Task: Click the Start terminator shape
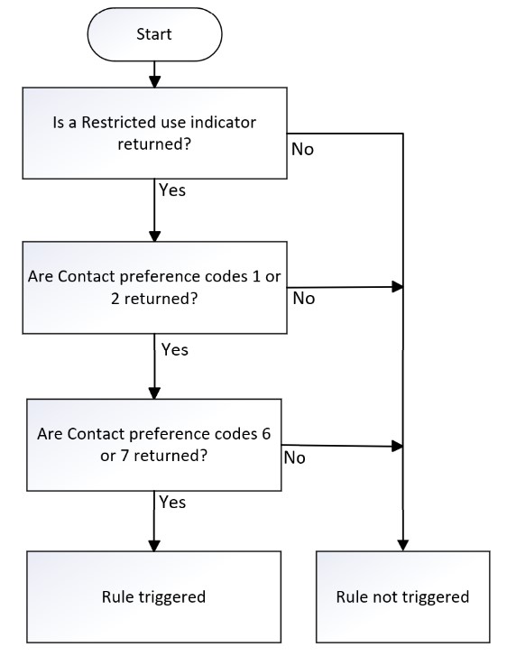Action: click(154, 34)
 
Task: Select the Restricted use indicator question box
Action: click(154, 133)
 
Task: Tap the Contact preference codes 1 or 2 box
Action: click(154, 288)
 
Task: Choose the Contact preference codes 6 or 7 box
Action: click(154, 445)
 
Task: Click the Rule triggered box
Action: click(154, 596)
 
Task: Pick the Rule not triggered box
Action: click(403, 596)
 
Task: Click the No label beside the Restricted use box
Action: click(302, 150)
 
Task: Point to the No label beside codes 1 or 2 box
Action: click(304, 299)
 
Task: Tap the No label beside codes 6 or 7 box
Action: click(294, 457)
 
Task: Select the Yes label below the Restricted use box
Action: click(172, 189)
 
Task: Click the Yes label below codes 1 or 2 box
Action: click(175, 349)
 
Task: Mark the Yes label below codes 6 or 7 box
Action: click(172, 502)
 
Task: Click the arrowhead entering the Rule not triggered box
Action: click(403, 545)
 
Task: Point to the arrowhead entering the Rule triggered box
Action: click(154, 545)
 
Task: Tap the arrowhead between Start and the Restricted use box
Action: click(155, 81)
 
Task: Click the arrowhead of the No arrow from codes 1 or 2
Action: click(398, 287)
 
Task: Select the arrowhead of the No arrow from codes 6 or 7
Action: click(398, 446)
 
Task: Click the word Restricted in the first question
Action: click(118, 123)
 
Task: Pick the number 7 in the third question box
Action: click(124, 455)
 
